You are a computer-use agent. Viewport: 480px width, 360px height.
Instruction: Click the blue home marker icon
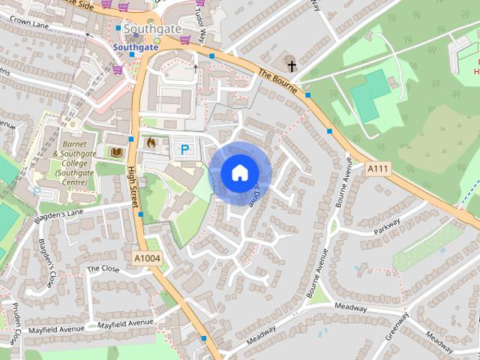click(238, 173)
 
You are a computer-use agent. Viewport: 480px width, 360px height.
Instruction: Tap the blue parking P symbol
click(184, 150)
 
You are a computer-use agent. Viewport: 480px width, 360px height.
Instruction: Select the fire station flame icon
click(150, 142)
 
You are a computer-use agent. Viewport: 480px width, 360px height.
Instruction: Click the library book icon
click(116, 152)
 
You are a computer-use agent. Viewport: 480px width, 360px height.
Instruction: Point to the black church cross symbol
click(291, 65)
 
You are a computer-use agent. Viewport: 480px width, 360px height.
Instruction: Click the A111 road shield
click(378, 170)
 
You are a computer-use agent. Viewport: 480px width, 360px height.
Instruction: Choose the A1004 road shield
click(146, 258)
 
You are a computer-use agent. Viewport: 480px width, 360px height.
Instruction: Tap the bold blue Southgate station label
click(136, 46)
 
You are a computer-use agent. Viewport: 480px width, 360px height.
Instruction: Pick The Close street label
click(103, 268)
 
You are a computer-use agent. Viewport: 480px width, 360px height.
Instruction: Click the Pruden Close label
click(12, 325)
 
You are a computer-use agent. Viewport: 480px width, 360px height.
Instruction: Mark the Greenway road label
click(397, 326)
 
